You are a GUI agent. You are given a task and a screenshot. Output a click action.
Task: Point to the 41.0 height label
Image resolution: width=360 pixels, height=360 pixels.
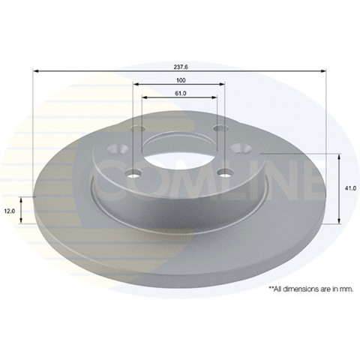(350, 188)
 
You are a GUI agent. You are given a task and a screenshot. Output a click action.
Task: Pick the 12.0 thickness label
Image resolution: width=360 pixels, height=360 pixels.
(10, 211)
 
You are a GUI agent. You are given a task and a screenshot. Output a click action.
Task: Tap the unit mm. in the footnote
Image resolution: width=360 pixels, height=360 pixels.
(347, 289)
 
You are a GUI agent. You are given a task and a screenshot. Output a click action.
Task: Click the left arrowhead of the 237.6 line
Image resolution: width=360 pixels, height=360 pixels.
(36, 71)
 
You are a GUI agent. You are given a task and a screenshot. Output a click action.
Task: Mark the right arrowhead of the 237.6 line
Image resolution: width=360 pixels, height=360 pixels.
(323, 71)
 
